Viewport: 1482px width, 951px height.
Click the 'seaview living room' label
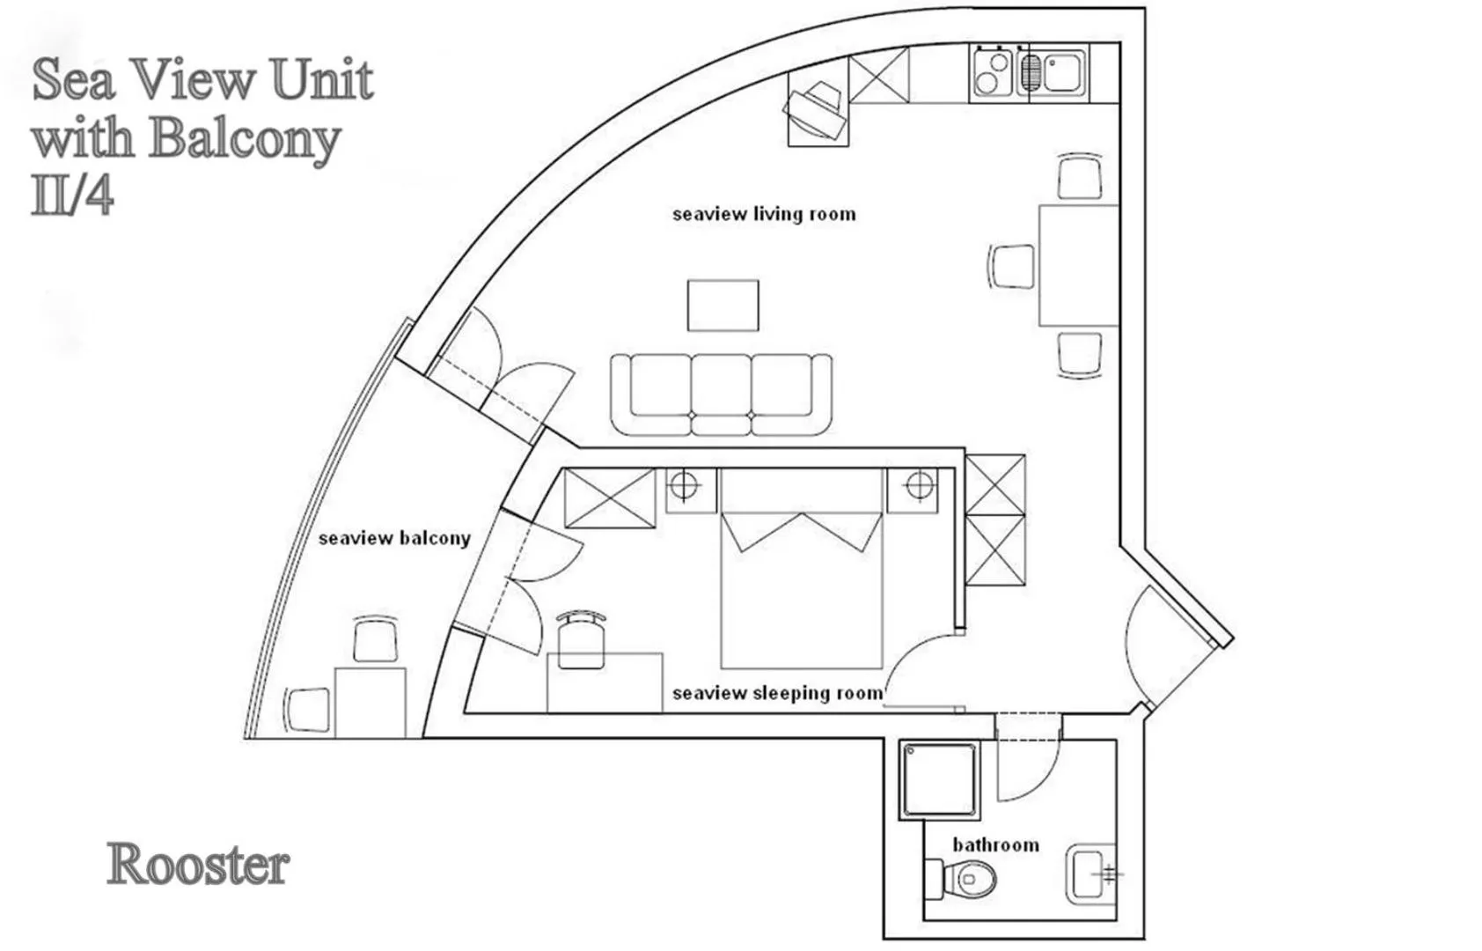pyautogui.click(x=763, y=214)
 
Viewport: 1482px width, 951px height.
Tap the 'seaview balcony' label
pyautogui.click(x=393, y=538)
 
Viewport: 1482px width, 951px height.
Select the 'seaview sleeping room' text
pyautogui.click(x=776, y=693)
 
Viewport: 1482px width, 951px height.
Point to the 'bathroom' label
pyautogui.click(x=995, y=844)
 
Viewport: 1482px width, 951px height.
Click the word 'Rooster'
pyautogui.click(x=198, y=865)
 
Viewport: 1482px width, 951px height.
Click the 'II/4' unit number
pyautogui.click(x=72, y=195)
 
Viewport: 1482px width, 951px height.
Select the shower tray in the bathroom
pyautogui.click(x=939, y=780)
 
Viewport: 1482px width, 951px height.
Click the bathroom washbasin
pyautogui.click(x=1090, y=874)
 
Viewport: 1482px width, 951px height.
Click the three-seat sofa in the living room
pyautogui.click(x=722, y=394)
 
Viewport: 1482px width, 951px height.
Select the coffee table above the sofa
pyautogui.click(x=723, y=306)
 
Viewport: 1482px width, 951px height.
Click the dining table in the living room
pyautogui.click(x=1078, y=265)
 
